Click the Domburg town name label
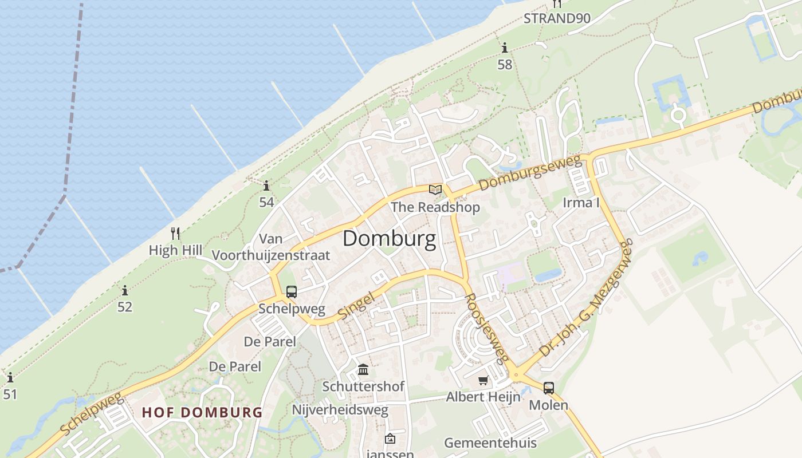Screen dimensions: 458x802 pos(389,239)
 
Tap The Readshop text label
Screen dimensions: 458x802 pos(435,207)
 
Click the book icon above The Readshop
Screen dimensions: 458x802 pos(435,189)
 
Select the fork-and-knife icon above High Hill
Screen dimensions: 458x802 pos(175,234)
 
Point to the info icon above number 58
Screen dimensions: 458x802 pos(504,48)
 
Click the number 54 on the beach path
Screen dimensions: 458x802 pos(266,202)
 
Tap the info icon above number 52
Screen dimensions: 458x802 pos(124,290)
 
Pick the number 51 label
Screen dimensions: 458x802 pos(10,394)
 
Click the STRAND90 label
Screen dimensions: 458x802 pos(557,18)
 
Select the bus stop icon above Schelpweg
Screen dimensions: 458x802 pos(291,292)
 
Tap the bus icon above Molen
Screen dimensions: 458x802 pos(548,388)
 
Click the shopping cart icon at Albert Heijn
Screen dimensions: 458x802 pos(483,380)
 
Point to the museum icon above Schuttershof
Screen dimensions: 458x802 pos(363,369)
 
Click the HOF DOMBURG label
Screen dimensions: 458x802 pos(202,412)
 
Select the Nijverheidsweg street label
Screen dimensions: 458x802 pos(340,410)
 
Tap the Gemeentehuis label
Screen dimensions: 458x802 pos(490,443)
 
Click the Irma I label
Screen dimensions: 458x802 pos(581,202)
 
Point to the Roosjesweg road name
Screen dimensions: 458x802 pos(486,328)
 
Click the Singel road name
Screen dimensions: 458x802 pos(355,306)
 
